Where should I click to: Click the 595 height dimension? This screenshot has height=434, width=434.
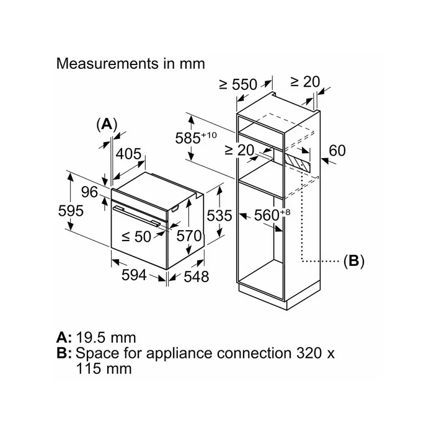[71, 211]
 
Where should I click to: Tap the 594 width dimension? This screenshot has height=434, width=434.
[134, 275]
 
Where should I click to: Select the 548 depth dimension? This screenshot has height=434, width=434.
[197, 277]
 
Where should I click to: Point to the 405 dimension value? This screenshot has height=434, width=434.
[128, 154]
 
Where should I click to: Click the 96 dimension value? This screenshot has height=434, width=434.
[89, 192]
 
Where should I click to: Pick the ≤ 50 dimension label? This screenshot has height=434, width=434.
[136, 237]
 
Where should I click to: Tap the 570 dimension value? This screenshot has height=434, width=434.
[189, 236]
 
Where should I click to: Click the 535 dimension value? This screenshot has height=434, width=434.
[219, 216]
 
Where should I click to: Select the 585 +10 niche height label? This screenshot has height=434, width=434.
[196, 138]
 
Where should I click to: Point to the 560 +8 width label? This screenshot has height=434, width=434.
[272, 215]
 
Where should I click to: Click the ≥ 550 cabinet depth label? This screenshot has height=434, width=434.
[238, 84]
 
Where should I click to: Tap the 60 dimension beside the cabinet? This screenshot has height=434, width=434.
[337, 151]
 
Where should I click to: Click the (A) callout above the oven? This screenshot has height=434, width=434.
[107, 124]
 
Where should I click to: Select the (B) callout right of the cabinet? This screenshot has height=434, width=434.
[354, 261]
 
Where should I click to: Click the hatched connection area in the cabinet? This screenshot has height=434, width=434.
[298, 162]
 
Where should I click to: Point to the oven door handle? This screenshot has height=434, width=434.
[137, 216]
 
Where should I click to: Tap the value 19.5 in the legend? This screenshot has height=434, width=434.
[91, 338]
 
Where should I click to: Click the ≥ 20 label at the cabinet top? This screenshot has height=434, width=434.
[305, 82]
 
